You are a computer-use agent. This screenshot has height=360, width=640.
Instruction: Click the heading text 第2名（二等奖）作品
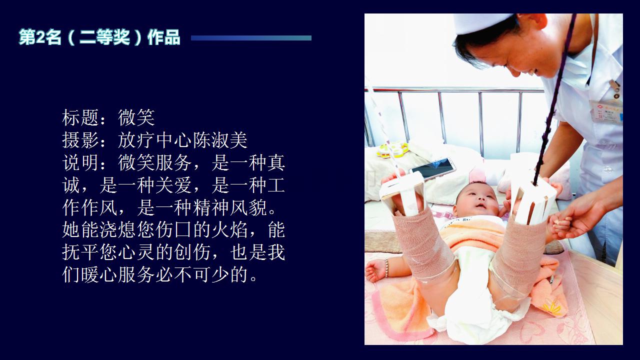[99, 37]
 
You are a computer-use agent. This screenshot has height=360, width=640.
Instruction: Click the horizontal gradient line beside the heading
[251, 38]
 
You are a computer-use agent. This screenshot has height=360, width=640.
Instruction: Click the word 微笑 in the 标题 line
[136, 117]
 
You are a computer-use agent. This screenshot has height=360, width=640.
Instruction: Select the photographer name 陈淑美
[220, 140]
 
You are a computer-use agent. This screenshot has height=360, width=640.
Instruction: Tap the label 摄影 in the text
[80, 140]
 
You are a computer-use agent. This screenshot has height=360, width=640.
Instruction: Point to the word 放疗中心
[154, 140]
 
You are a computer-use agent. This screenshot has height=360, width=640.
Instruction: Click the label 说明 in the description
[80, 162]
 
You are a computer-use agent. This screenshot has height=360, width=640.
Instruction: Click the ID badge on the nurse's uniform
[605, 111]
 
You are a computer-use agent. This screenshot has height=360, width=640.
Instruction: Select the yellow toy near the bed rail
[392, 150]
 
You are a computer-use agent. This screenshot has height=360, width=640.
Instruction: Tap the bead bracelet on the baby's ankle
[386, 268]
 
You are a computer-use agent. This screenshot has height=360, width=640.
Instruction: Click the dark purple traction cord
[555, 97]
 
